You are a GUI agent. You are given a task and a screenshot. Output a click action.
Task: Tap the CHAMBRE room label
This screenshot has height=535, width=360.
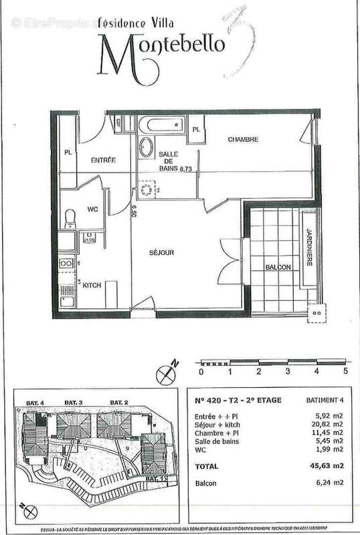click(242, 139)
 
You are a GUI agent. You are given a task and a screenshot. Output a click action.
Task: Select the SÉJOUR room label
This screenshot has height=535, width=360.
click(161, 253)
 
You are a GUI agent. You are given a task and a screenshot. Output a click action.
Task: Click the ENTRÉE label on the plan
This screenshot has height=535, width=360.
click(103, 160)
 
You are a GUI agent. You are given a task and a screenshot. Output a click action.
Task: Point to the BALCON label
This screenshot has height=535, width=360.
click(277, 267)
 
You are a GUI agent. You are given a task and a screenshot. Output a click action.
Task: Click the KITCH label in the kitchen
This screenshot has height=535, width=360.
click(92, 286)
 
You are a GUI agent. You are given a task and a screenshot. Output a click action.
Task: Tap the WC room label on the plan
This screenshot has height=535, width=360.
click(92, 209)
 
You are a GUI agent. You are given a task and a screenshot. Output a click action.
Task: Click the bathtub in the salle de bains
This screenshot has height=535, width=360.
click(161, 125)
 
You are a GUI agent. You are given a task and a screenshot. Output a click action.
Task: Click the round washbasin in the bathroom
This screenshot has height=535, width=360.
click(145, 147)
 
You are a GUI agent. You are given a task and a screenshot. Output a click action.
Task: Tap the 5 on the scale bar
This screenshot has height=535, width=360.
click(345, 370)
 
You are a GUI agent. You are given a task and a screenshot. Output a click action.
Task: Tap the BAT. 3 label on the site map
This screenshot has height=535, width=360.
click(73, 401)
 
